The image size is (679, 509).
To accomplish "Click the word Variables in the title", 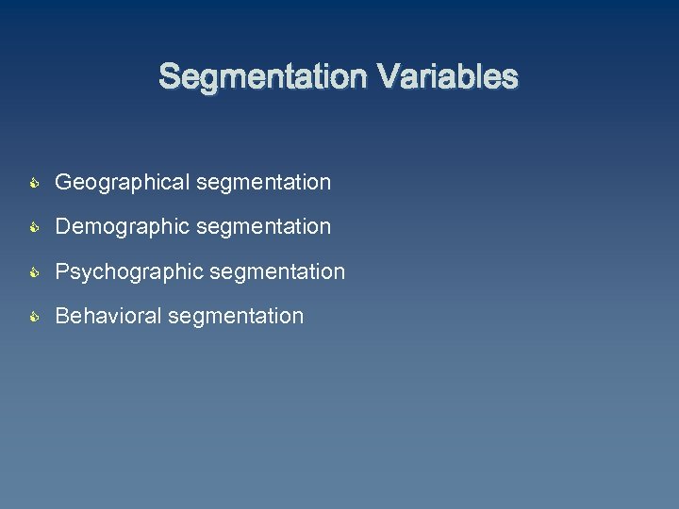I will click(449, 76).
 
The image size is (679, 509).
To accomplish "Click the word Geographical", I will click(123, 183).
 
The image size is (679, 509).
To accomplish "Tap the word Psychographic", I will click(130, 272).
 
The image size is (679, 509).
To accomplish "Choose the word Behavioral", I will click(108, 317).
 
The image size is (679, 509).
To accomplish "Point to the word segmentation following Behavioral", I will click(236, 317).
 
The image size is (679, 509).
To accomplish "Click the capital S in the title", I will click(169, 76).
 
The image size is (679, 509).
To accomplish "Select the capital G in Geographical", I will click(64, 182).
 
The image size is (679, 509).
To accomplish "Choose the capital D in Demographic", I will click(63, 227).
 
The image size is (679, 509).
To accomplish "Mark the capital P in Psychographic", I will click(63, 271).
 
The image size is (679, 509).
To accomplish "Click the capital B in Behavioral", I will click(63, 317).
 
